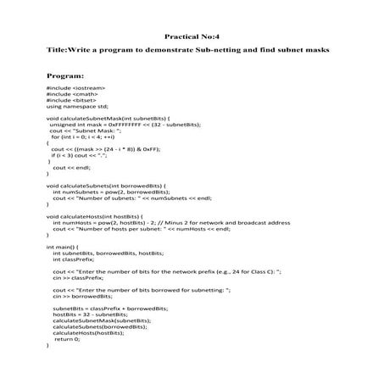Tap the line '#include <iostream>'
tap(74, 87)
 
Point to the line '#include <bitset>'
tap(70, 101)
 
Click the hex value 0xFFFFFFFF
tap(128, 125)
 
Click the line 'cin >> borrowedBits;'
tap(81, 296)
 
